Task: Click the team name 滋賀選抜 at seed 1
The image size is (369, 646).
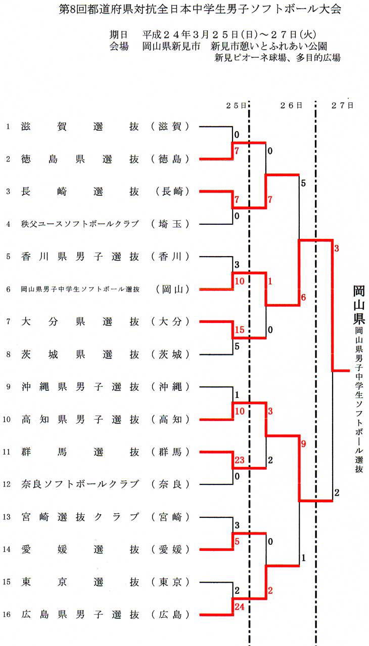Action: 80,127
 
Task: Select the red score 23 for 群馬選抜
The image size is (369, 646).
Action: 239,460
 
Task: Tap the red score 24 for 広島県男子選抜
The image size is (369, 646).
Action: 239,607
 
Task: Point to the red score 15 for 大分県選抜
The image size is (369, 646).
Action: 239,330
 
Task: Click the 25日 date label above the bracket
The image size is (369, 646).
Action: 236,105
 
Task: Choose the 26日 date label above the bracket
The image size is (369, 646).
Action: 291,105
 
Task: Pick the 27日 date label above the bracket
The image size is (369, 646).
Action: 342,105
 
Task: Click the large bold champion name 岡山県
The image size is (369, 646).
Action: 359,305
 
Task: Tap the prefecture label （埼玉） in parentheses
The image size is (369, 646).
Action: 170,224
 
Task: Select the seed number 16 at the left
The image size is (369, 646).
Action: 7,615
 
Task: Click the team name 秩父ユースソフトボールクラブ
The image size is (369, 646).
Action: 80,224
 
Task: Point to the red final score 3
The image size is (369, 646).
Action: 337,248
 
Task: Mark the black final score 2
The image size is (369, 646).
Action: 337,493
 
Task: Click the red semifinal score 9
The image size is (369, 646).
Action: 303,443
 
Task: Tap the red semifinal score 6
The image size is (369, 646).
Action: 303,297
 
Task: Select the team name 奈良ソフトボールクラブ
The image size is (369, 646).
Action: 80,484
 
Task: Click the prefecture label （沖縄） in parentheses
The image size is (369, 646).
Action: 170,387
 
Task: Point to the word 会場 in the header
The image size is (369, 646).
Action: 119,46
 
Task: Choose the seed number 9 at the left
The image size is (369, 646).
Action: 8,387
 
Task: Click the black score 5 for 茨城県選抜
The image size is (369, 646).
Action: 237,346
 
